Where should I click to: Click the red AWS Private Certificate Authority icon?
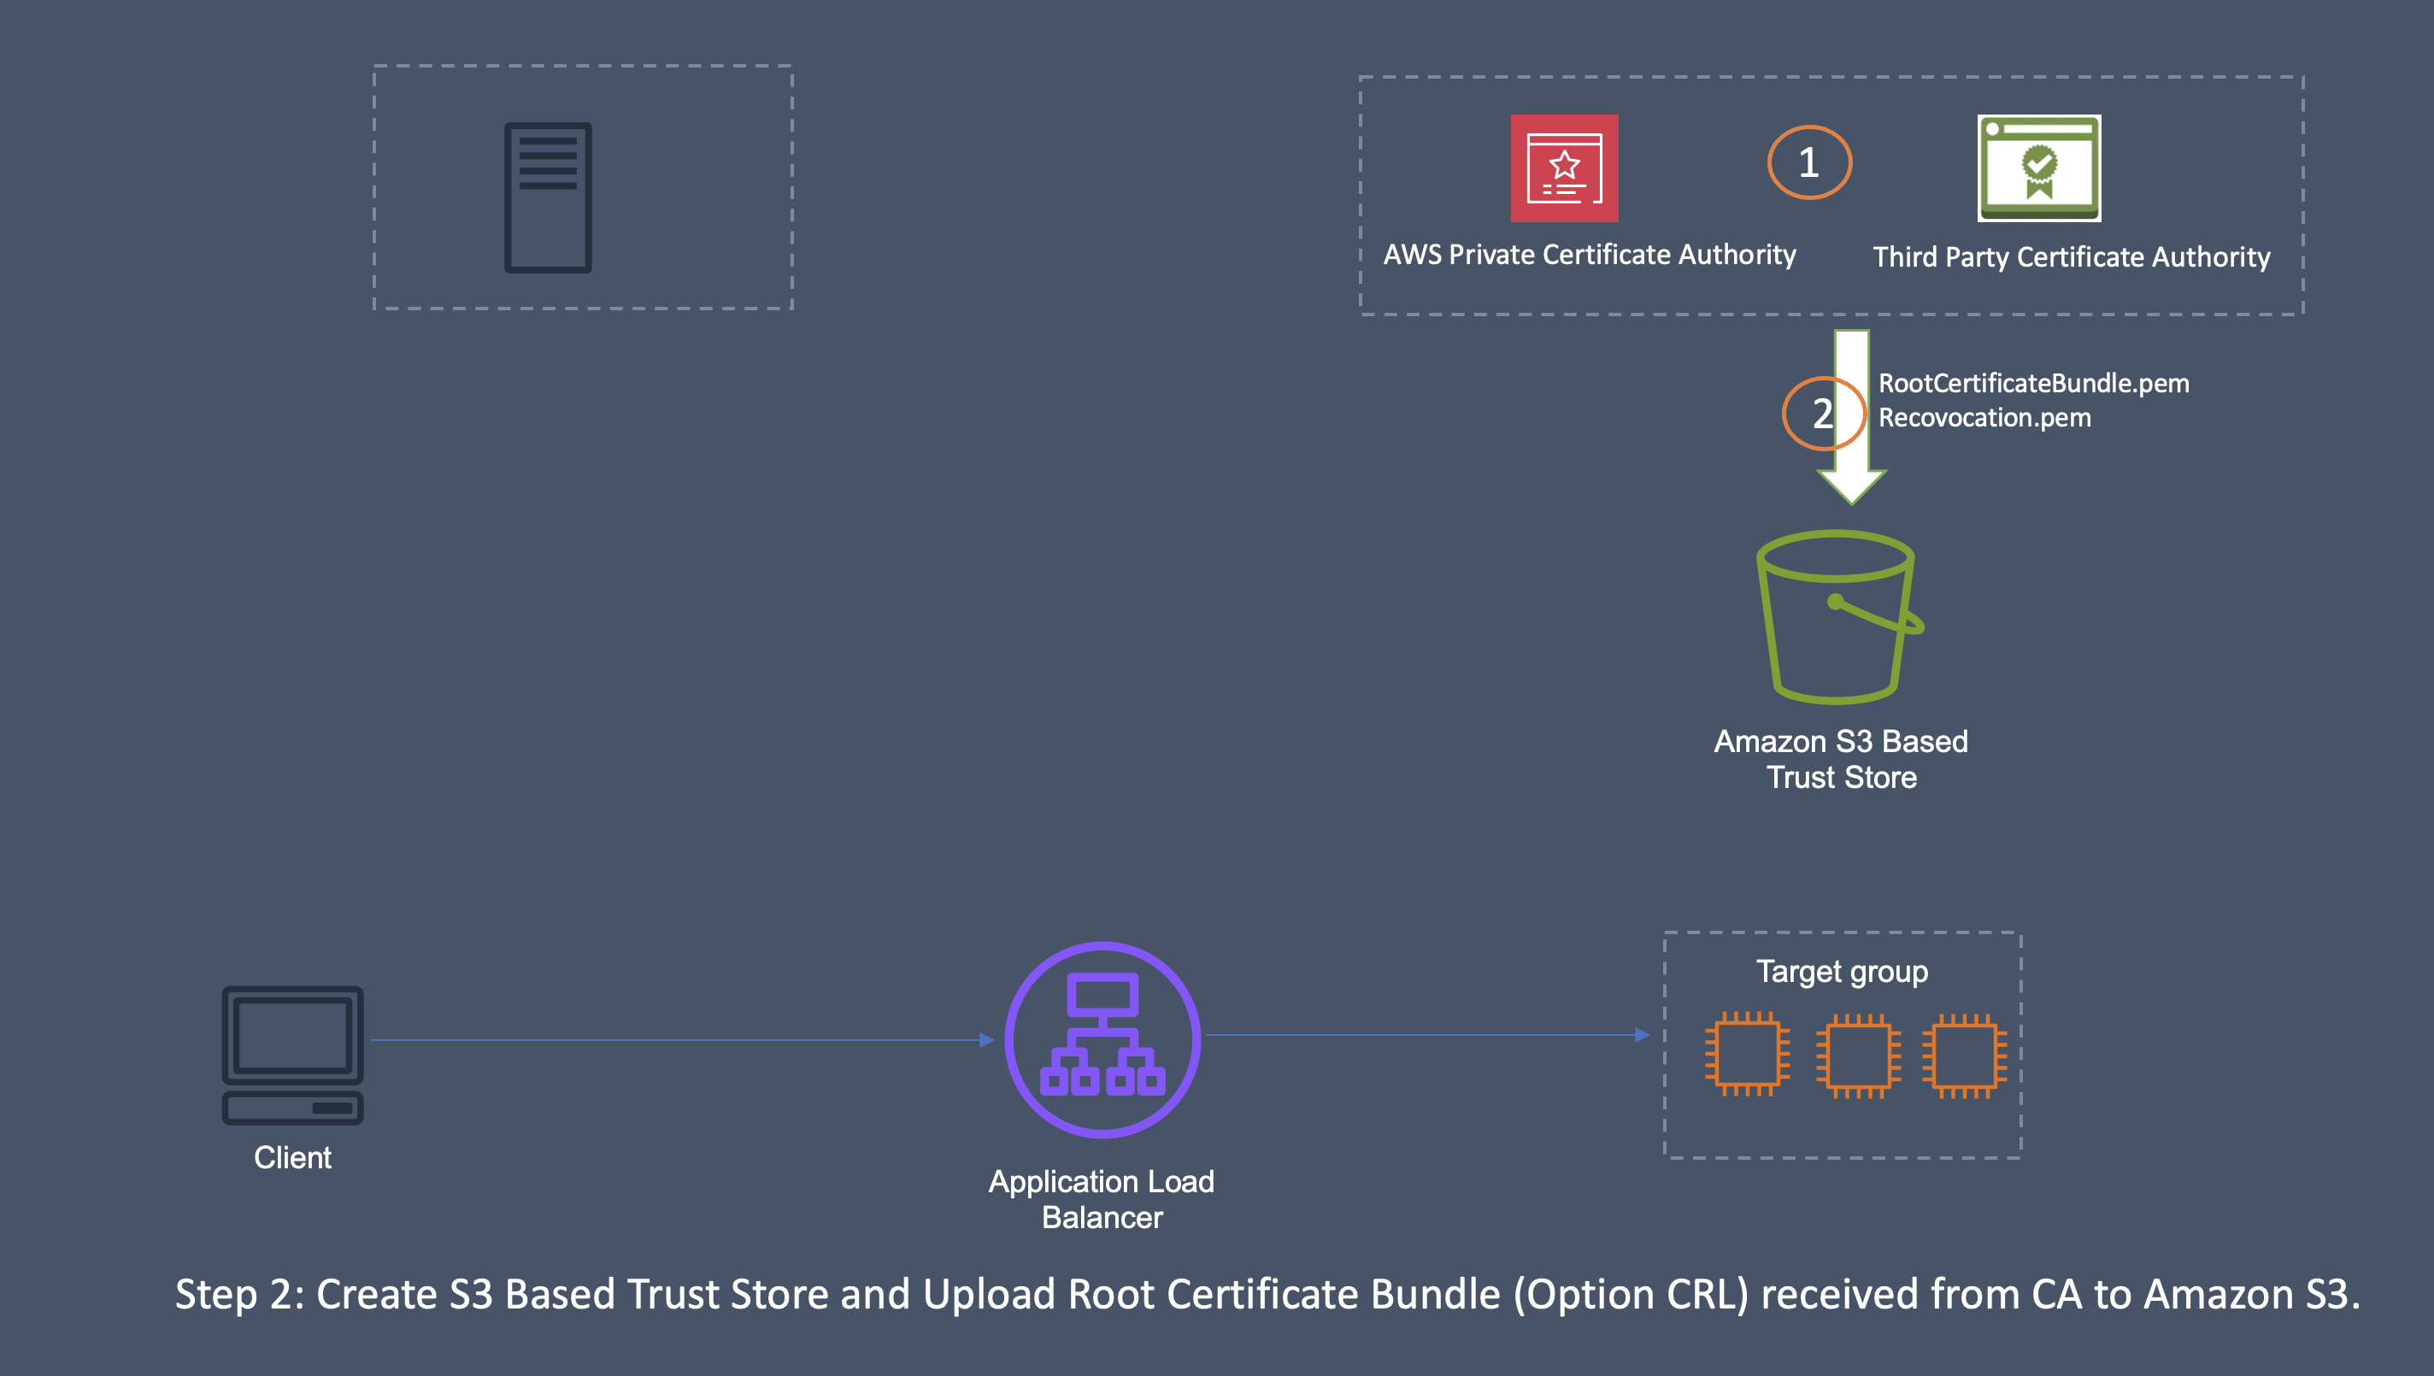tap(1564, 168)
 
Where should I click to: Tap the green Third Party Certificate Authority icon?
tap(2039, 168)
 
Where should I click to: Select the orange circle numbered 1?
tap(1808, 162)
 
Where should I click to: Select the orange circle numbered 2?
tap(1823, 413)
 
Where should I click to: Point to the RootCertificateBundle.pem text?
tap(2033, 383)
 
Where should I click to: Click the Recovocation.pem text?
tap(1984, 418)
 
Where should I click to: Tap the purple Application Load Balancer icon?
tap(1102, 1038)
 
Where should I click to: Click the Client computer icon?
tap(292, 1055)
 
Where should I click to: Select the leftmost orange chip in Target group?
tap(1746, 1053)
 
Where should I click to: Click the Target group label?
tap(1842, 972)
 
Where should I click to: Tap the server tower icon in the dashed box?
tap(548, 197)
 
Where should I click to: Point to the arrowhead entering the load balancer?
tap(986, 1039)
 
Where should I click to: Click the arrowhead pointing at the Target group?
tap(1643, 1035)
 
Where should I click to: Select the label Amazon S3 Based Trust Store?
tap(1841, 759)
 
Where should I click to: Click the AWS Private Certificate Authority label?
tap(1590, 254)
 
